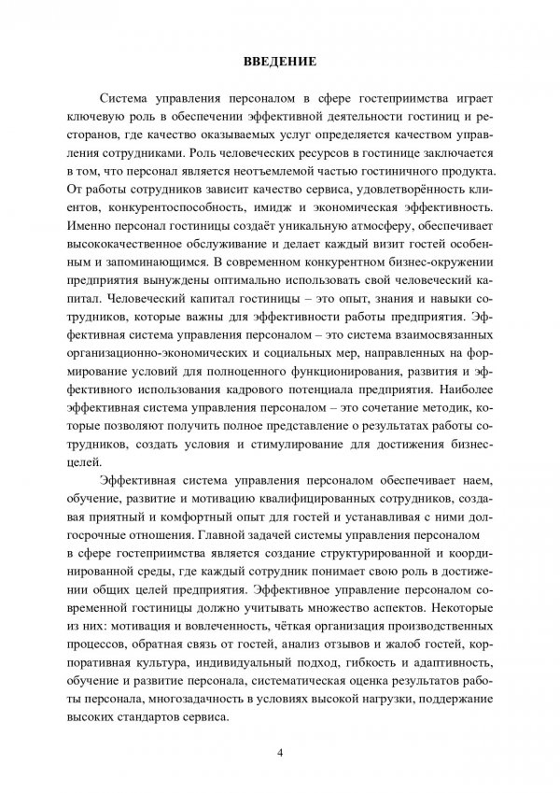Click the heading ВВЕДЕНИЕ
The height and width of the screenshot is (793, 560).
[280, 63]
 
